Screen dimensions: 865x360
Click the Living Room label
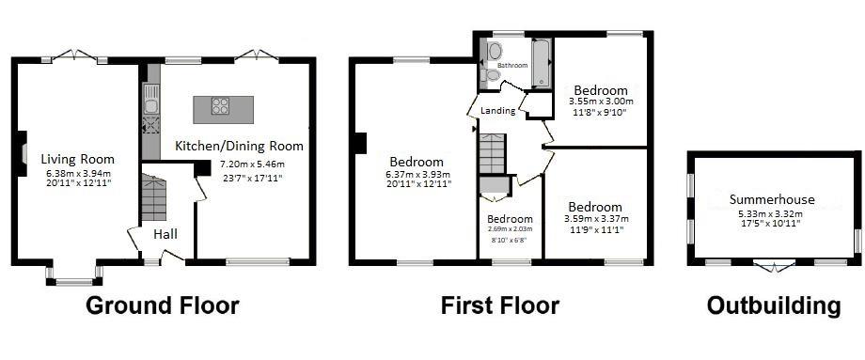click(78, 160)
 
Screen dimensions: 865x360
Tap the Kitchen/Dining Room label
click(239, 146)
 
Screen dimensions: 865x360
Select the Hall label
click(165, 234)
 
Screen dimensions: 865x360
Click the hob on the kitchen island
click(220, 105)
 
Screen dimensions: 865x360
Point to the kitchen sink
click(151, 99)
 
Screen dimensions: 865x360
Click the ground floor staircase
click(154, 197)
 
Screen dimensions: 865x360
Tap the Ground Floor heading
click(163, 305)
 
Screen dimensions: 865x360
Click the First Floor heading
click(500, 305)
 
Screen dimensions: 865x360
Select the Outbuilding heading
click(774, 305)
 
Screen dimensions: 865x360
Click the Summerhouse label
click(772, 199)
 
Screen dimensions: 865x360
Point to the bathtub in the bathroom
click(542, 63)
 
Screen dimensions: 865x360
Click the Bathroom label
click(512, 65)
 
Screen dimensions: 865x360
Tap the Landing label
click(497, 111)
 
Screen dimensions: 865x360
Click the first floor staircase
click(492, 154)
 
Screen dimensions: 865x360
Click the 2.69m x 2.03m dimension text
click(510, 229)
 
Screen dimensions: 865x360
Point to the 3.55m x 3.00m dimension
click(600, 102)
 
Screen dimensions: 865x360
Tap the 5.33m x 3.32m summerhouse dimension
click(770, 214)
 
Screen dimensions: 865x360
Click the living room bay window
click(74, 275)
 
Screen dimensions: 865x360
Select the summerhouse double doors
click(774, 266)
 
